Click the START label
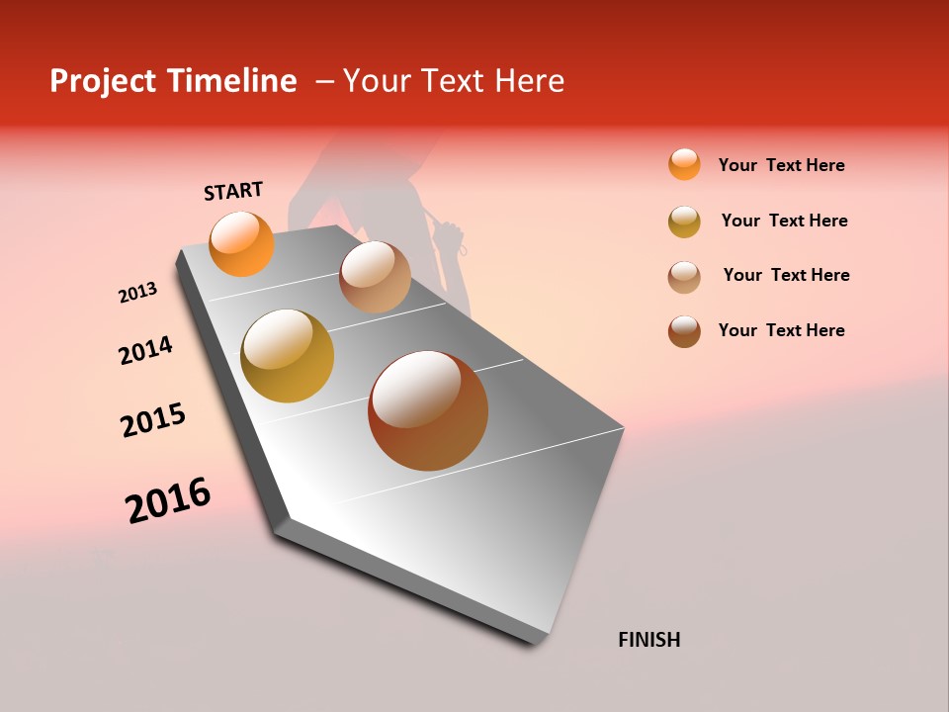point(233,191)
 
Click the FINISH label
point(648,640)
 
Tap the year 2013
point(137,293)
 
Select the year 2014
point(145,351)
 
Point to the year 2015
point(153,420)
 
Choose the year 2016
point(168,500)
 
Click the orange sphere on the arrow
point(242,243)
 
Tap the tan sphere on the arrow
point(375,277)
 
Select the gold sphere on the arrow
point(288,356)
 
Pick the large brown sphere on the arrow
point(428,410)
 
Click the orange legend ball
point(684,164)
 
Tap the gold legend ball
point(684,222)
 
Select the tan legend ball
point(684,277)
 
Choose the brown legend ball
point(684,331)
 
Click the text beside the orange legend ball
point(781,165)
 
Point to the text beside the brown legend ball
point(781,330)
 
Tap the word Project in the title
point(103,81)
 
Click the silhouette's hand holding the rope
point(448,236)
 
